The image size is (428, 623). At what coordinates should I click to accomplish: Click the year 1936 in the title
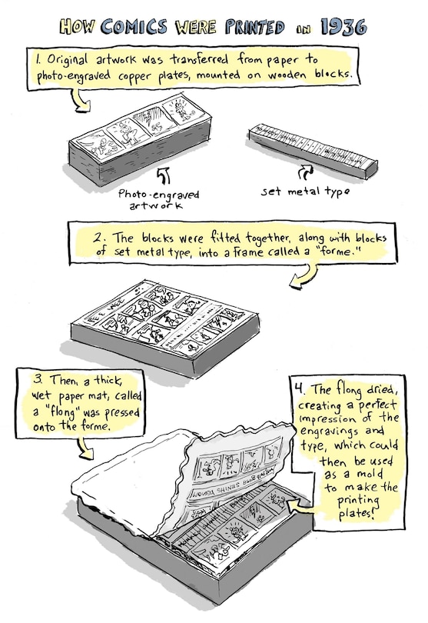click(x=343, y=27)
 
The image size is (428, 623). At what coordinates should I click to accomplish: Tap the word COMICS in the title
click(x=134, y=27)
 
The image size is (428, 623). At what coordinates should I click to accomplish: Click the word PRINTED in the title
click(x=255, y=27)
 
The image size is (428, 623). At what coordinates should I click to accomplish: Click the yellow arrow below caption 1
click(x=81, y=100)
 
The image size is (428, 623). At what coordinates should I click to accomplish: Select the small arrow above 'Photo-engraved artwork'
click(x=164, y=175)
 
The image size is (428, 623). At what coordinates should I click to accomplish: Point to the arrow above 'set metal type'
click(x=305, y=173)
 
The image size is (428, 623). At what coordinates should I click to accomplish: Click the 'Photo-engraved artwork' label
click(x=158, y=199)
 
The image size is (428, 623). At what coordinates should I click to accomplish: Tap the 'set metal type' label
click(x=305, y=192)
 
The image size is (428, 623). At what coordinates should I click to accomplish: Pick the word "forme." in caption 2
click(x=342, y=252)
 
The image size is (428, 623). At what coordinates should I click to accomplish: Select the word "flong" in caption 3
click(x=64, y=411)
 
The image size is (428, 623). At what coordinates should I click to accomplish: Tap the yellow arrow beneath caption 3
click(x=86, y=448)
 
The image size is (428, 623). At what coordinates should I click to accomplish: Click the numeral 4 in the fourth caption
click(x=299, y=388)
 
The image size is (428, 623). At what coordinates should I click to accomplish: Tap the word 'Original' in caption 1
click(x=67, y=60)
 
